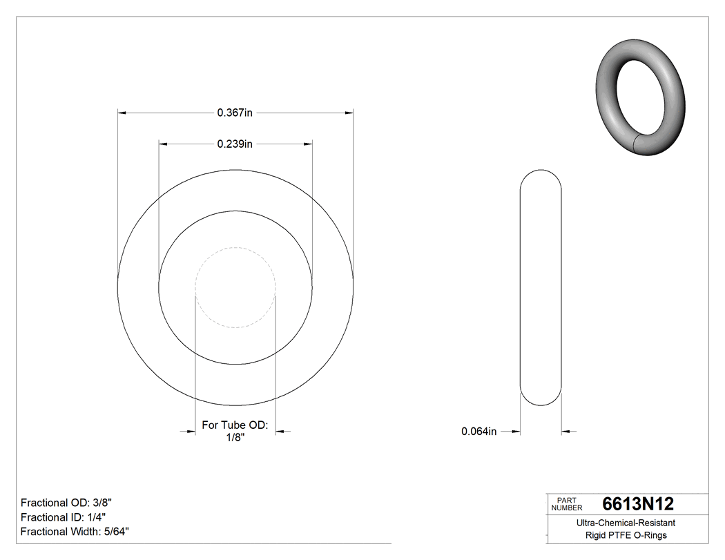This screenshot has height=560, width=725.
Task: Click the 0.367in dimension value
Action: pos(235,113)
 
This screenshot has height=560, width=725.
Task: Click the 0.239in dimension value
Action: pos(235,144)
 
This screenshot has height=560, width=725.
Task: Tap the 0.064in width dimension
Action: pos(478,432)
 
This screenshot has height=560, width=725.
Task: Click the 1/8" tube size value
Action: pos(235,438)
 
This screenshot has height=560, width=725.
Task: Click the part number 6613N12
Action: pos(638,504)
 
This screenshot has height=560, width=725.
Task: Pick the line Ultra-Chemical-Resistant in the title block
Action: pos(626,523)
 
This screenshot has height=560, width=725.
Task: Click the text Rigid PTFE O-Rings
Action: pos(626,535)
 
